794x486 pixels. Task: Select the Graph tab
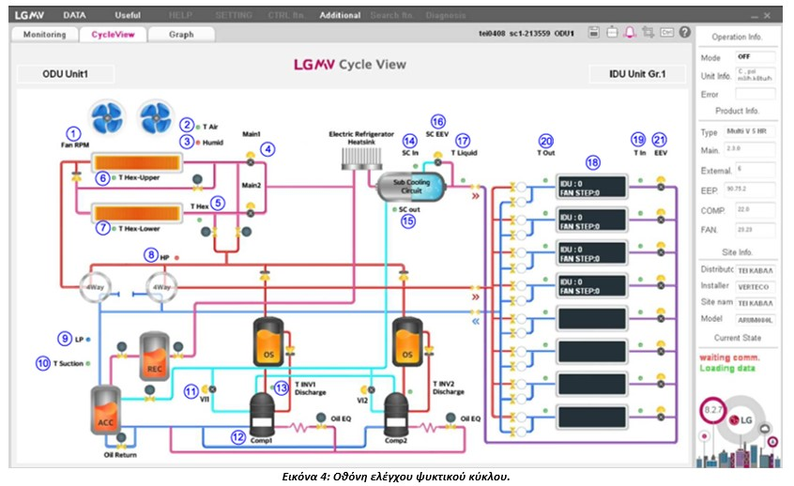point(181,35)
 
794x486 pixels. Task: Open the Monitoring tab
point(44,35)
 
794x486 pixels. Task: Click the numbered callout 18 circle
point(591,161)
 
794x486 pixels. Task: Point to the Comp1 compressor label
point(261,440)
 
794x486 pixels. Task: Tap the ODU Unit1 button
point(65,73)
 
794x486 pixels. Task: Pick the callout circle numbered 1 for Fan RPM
point(74,132)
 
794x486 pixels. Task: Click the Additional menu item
point(339,15)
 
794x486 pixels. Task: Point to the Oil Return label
point(121,455)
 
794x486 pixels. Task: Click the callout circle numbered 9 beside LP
point(64,338)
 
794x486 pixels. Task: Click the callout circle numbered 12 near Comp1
point(238,436)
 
